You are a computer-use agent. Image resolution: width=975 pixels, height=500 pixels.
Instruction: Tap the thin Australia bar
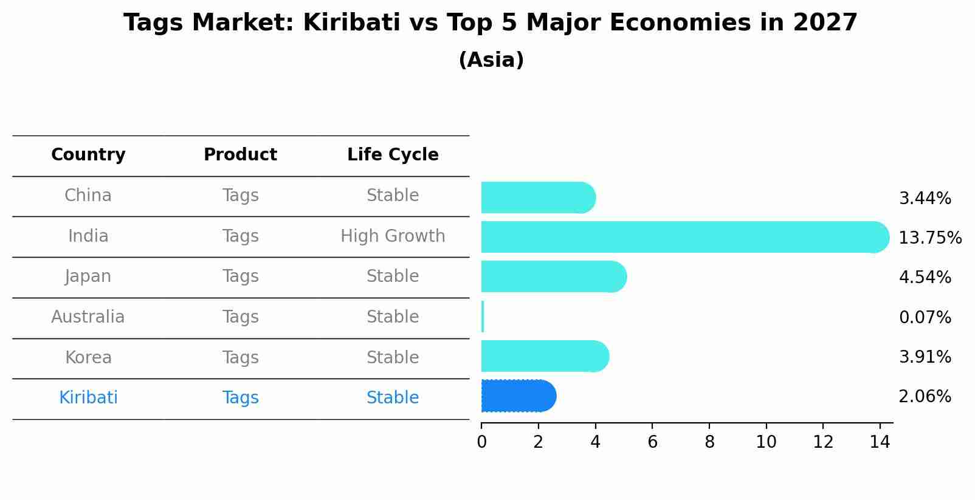click(483, 317)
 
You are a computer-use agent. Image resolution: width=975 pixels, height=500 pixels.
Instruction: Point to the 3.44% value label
click(925, 199)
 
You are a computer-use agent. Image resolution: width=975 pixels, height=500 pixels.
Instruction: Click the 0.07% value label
click(925, 317)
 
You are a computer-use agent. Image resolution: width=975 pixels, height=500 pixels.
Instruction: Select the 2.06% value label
click(925, 397)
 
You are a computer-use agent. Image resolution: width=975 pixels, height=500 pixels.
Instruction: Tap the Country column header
click(88, 155)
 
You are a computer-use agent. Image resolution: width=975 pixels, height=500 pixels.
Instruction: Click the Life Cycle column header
click(393, 155)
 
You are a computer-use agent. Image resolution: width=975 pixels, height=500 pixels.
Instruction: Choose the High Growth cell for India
click(393, 236)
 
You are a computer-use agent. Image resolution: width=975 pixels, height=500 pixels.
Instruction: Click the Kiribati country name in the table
click(88, 398)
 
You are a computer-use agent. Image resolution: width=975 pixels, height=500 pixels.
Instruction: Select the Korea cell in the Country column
click(88, 357)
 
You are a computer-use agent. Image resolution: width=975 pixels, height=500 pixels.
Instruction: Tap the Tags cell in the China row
click(240, 196)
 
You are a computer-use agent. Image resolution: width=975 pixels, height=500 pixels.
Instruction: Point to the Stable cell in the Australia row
click(393, 317)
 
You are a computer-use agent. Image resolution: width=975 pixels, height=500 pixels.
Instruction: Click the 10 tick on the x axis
click(766, 442)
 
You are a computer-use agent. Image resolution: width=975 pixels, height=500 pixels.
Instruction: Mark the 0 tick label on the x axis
click(481, 442)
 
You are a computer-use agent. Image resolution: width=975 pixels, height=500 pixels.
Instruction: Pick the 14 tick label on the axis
click(880, 442)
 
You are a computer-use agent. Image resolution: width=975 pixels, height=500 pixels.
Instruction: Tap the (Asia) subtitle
click(491, 60)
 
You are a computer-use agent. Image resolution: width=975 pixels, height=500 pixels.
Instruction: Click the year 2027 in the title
click(825, 23)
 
